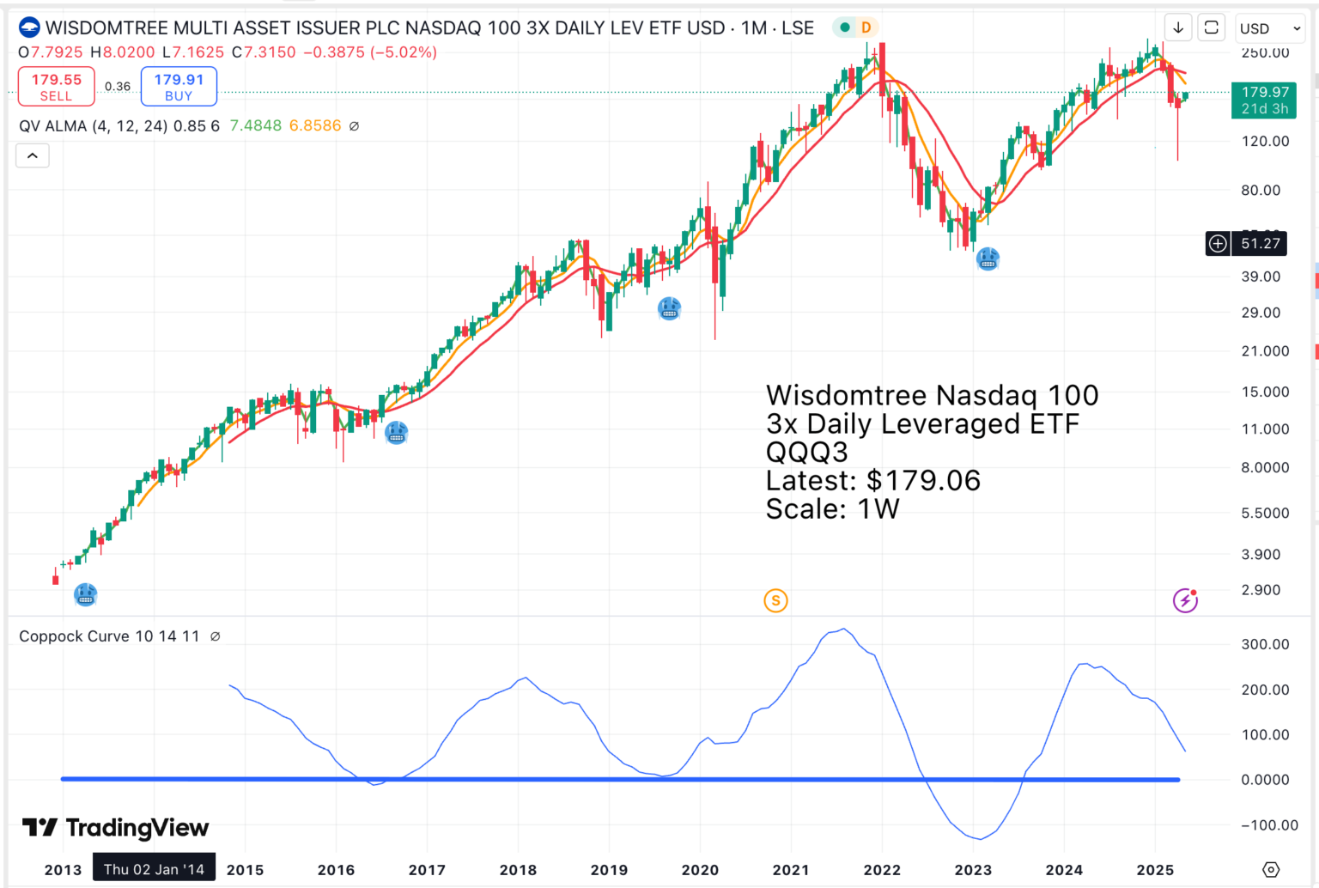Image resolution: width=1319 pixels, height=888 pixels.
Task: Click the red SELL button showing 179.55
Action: [x=57, y=87]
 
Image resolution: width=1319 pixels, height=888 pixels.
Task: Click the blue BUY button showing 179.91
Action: [x=179, y=87]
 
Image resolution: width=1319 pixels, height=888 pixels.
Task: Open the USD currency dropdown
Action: [x=1269, y=28]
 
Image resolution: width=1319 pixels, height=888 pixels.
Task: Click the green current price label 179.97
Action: [x=1264, y=100]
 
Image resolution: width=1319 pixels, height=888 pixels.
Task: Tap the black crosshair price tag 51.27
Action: [x=1260, y=244]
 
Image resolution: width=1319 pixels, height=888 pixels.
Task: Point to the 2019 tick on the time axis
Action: [x=609, y=870]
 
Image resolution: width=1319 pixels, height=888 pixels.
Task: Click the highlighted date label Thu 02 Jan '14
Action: [x=154, y=869]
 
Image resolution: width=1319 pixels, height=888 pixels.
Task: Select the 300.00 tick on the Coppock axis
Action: [x=1264, y=644]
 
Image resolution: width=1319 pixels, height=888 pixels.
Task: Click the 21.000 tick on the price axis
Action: [x=1264, y=351]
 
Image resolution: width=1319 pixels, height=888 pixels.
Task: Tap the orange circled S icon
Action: [x=775, y=600]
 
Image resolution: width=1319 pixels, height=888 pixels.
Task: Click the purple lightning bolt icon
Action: [x=1185, y=600]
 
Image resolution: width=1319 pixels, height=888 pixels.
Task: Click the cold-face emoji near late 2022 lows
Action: [x=988, y=258]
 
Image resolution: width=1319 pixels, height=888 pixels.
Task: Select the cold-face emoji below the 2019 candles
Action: [x=669, y=307]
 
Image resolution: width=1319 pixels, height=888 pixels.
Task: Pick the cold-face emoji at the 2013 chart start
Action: [x=85, y=594]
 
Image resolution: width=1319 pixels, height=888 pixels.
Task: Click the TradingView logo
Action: [x=115, y=828]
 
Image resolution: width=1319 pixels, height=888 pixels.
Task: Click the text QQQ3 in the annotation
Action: [x=806, y=452]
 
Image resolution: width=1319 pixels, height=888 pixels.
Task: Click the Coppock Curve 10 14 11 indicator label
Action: [x=109, y=636]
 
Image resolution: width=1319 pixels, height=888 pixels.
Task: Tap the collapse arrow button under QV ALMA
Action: [x=33, y=155]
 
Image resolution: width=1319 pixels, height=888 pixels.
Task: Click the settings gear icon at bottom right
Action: [x=1271, y=870]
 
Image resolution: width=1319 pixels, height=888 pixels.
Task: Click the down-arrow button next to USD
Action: [x=1178, y=28]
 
